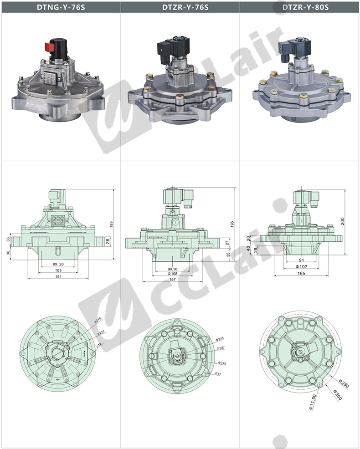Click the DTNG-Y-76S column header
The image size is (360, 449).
tap(61, 7)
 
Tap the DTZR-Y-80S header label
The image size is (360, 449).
tap(305, 7)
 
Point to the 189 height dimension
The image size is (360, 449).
tap(111, 224)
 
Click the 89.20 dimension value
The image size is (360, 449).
tap(58, 264)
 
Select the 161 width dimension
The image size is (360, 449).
tap(58, 276)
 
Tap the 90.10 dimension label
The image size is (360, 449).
tap(172, 269)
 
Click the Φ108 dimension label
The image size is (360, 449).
tap(172, 274)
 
